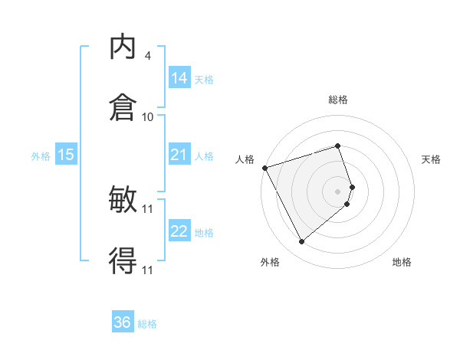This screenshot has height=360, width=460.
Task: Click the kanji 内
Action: [123, 47]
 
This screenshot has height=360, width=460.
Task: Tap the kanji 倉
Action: [123, 107]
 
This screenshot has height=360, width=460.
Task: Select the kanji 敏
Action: [123, 201]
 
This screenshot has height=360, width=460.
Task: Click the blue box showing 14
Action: [179, 78]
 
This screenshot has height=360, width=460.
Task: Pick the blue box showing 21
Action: [179, 155]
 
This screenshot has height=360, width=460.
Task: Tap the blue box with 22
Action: [179, 232]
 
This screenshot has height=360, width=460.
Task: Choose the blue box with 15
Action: [66, 155]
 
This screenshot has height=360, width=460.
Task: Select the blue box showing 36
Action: [123, 322]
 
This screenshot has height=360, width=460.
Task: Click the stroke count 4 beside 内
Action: [147, 56]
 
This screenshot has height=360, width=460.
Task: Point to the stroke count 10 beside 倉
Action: [148, 116]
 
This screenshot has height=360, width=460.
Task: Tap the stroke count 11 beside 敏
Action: [148, 208]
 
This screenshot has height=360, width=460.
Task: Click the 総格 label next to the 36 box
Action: [147, 324]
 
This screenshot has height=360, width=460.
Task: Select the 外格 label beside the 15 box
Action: [41, 155]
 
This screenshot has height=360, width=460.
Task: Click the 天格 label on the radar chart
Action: [431, 159]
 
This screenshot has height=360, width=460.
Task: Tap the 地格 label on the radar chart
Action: [402, 262]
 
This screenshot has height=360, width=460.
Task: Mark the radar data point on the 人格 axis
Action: [264, 167]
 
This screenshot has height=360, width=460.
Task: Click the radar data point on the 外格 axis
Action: [301, 242]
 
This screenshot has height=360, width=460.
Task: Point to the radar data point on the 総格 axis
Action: [337, 146]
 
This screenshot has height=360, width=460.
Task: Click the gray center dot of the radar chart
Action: [337, 191]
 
